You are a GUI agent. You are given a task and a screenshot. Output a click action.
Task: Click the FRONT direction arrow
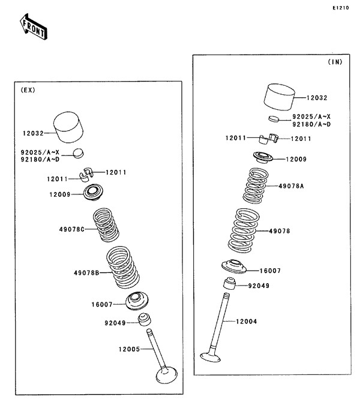tap(34, 27)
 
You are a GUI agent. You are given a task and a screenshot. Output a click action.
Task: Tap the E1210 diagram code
tap(341, 8)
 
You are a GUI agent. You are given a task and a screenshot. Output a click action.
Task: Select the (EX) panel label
tap(28, 90)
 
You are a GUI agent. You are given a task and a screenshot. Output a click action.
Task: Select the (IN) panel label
tap(335, 62)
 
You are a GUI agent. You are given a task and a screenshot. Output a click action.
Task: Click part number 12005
tap(129, 349)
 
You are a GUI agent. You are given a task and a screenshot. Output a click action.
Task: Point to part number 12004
tap(247, 322)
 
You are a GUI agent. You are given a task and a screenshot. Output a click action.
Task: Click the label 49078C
tap(72, 229)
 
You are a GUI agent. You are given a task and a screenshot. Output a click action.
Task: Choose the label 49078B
tap(86, 273)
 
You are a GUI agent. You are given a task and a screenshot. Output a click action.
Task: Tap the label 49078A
tap(291, 186)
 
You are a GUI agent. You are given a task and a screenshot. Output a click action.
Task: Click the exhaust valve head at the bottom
tap(167, 376)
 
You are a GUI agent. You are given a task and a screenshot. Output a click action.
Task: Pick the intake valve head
tap(210, 358)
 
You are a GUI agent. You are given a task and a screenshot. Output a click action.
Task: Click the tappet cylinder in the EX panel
tap(68, 127)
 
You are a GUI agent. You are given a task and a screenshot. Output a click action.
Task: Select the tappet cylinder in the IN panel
tap(279, 97)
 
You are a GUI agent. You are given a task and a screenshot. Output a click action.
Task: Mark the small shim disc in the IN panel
tap(274, 119)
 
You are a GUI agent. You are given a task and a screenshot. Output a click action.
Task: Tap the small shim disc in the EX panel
tap(79, 153)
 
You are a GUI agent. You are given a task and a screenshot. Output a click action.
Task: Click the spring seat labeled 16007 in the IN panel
tap(234, 266)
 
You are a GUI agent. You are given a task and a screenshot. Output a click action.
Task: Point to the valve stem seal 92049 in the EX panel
tap(145, 320)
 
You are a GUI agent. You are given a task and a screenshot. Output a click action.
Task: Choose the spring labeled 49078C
tap(106, 225)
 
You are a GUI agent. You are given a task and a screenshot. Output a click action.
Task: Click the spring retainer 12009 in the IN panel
tap(263, 157)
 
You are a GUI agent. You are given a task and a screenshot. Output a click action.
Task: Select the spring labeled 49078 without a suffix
tap(244, 230)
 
